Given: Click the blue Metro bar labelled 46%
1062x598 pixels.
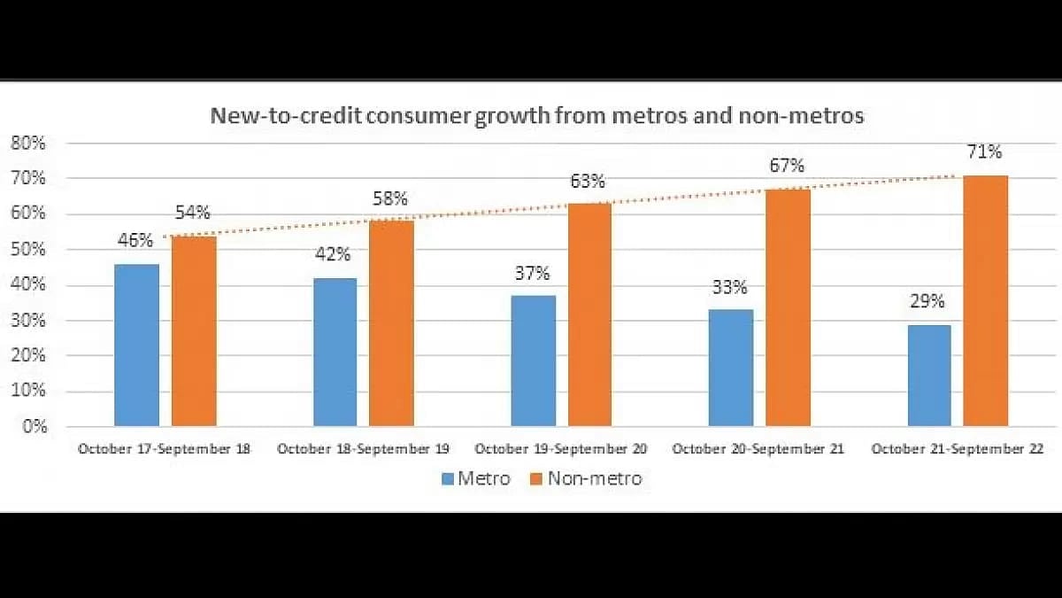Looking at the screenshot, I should pyautogui.click(x=137, y=345).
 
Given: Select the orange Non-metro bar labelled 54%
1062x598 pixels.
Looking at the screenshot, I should pyautogui.click(x=194, y=330).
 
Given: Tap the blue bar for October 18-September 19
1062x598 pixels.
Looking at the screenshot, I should pyautogui.click(x=335, y=352).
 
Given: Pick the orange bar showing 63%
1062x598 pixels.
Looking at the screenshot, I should pyautogui.click(x=590, y=315).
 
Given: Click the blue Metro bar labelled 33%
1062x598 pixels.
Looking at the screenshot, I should pyautogui.click(x=732, y=368).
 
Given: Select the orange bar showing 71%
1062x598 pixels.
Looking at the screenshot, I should pyautogui.click(x=986, y=300).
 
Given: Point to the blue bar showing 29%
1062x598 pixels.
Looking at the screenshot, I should pyautogui.click(x=929, y=376).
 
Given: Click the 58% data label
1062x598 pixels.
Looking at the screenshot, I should pyautogui.click(x=389, y=198).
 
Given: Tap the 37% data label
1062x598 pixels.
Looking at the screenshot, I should pyautogui.click(x=533, y=273).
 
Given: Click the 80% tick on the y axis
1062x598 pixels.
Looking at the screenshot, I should pyautogui.click(x=29, y=143).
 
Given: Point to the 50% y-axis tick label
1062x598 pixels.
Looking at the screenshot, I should pyautogui.click(x=29, y=249).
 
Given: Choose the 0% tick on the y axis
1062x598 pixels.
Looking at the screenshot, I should pyautogui.click(x=35, y=426).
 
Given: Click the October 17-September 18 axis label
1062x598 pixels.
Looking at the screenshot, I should pyautogui.click(x=165, y=449).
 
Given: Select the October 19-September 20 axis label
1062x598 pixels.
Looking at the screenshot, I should pyautogui.click(x=561, y=449).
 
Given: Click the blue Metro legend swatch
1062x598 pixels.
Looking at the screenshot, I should pyautogui.click(x=447, y=479).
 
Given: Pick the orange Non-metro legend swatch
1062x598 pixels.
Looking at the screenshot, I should pyautogui.click(x=536, y=479).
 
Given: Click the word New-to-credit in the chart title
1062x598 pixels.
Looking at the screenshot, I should pyautogui.click(x=266, y=116).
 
